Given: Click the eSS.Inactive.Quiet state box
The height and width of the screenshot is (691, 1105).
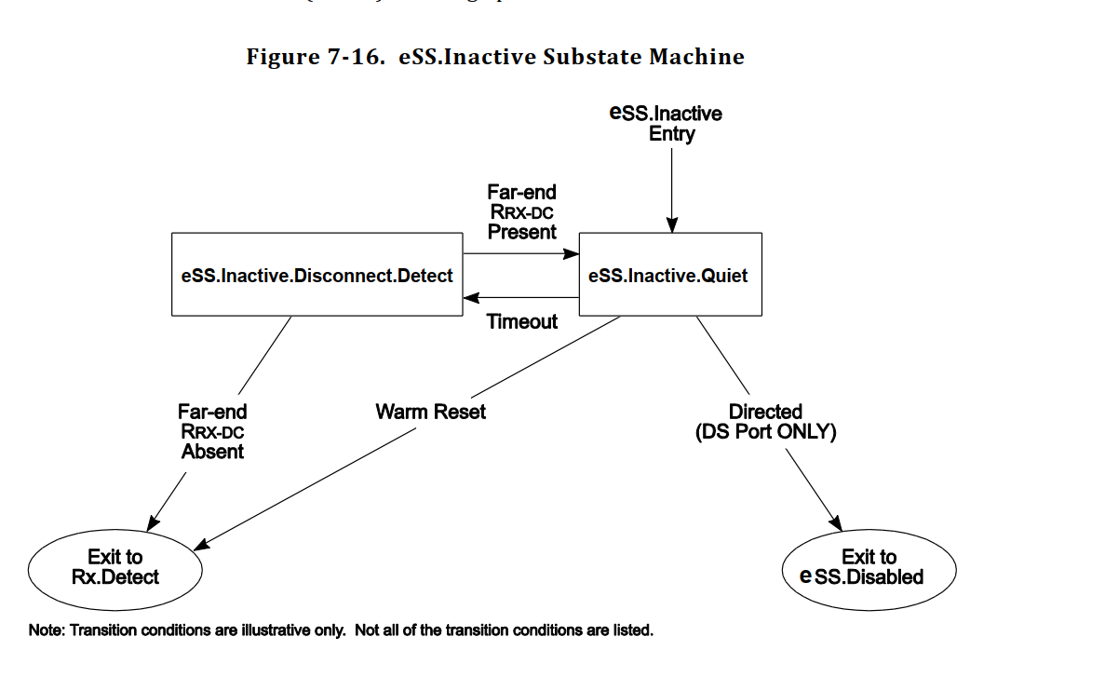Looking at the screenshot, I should coord(670,276).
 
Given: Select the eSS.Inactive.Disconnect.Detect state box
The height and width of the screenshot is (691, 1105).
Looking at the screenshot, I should coord(317,276).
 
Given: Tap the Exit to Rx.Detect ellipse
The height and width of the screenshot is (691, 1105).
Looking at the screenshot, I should coord(115,567).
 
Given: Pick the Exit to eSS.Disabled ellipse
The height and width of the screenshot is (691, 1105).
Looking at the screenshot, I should coord(869,567).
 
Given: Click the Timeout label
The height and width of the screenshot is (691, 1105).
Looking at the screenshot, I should coord(522,322).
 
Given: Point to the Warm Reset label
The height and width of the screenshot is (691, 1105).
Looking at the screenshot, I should coord(431,412).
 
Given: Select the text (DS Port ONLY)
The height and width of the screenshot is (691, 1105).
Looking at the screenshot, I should coord(765,432).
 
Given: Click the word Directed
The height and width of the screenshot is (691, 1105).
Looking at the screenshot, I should coord(765,412).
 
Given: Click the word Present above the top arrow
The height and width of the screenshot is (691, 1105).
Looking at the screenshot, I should coord(522,233).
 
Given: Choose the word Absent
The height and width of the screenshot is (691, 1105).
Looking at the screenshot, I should coord(213,453).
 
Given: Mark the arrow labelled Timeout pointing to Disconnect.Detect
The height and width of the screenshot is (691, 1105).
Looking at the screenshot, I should coord(521,298).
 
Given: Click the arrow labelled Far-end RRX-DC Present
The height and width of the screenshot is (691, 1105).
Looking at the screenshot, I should coord(521,252).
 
